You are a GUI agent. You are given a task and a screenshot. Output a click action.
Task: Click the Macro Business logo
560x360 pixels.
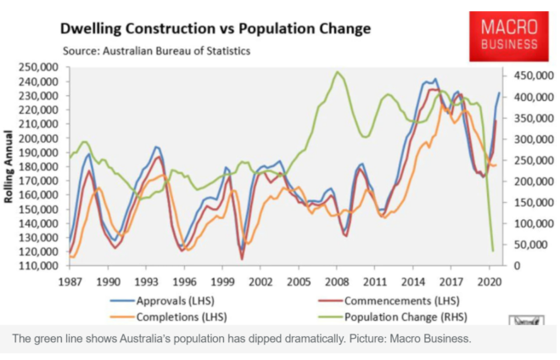(x=508, y=35)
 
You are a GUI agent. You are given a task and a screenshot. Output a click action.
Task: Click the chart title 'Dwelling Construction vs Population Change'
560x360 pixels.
(x=216, y=29)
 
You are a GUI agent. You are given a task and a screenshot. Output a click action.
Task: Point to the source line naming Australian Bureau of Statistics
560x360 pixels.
(x=158, y=51)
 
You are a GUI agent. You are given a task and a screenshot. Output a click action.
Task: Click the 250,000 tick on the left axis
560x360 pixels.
(x=37, y=67)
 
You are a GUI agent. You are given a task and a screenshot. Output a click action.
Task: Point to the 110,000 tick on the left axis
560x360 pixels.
(x=37, y=266)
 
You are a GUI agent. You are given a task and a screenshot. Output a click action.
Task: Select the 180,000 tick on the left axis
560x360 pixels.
(x=37, y=166)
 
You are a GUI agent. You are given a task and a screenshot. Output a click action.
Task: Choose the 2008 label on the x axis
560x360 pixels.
(x=338, y=279)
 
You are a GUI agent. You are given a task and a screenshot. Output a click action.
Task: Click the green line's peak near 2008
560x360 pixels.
(x=338, y=72)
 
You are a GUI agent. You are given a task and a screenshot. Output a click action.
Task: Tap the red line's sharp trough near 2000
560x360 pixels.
(x=242, y=259)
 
